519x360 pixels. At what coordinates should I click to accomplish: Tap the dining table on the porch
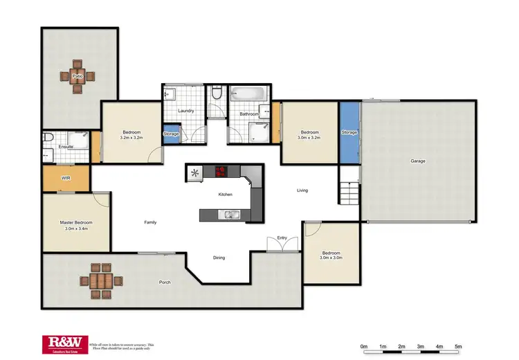click(x=100, y=281)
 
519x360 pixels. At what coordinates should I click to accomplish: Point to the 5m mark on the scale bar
click(x=458, y=346)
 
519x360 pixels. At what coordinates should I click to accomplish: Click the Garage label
click(x=418, y=161)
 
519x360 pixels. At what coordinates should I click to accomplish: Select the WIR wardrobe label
click(x=66, y=178)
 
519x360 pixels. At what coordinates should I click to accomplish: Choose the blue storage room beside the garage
click(x=349, y=132)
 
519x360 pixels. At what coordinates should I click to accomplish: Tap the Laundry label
click(x=185, y=111)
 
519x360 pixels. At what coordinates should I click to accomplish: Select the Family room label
click(x=150, y=222)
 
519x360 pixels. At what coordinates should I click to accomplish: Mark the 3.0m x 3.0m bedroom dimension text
click(x=331, y=258)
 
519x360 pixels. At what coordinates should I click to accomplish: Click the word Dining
click(x=219, y=258)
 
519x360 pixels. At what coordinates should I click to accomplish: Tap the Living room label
click(x=302, y=190)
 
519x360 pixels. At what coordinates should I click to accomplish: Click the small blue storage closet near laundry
click(x=171, y=134)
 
